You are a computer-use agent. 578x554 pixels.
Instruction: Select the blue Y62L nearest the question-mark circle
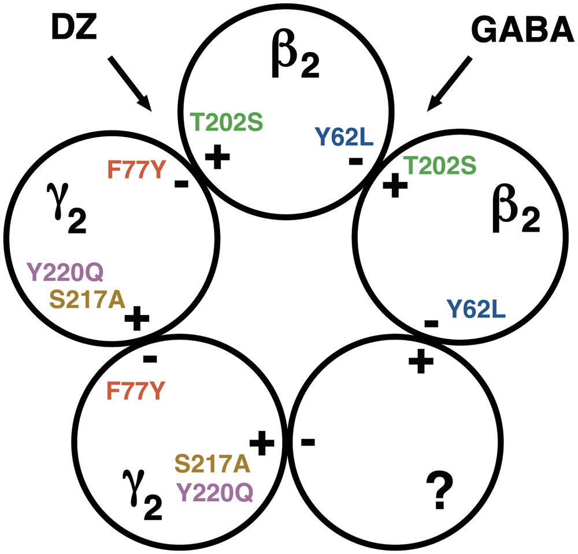click(477, 310)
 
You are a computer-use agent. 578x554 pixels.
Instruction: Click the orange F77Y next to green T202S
click(136, 170)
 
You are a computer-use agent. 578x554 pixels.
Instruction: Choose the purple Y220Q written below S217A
click(216, 491)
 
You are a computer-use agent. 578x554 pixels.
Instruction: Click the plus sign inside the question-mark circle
click(421, 362)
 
